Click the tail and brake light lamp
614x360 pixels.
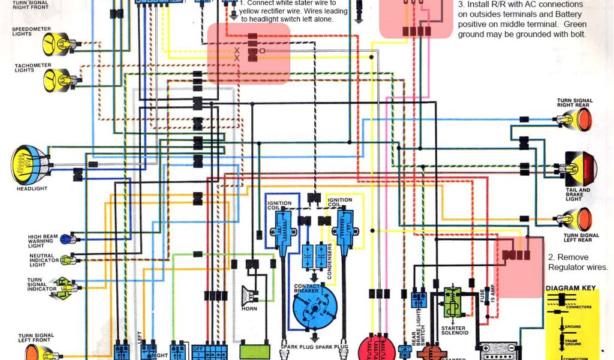click(580, 167)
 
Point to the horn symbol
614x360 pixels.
click(247, 296)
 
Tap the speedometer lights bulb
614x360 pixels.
click(55, 43)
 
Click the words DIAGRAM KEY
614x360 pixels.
click(571, 289)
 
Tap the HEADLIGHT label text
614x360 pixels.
click(32, 189)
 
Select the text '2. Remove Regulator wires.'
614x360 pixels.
click(577, 262)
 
